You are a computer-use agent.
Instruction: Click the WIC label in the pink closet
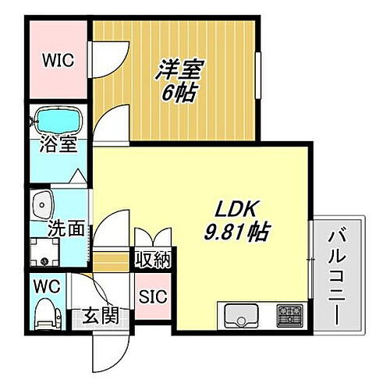pos(58,60)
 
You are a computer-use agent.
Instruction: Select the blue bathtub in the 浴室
pos(59,121)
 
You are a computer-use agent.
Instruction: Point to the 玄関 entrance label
pos(101,317)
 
